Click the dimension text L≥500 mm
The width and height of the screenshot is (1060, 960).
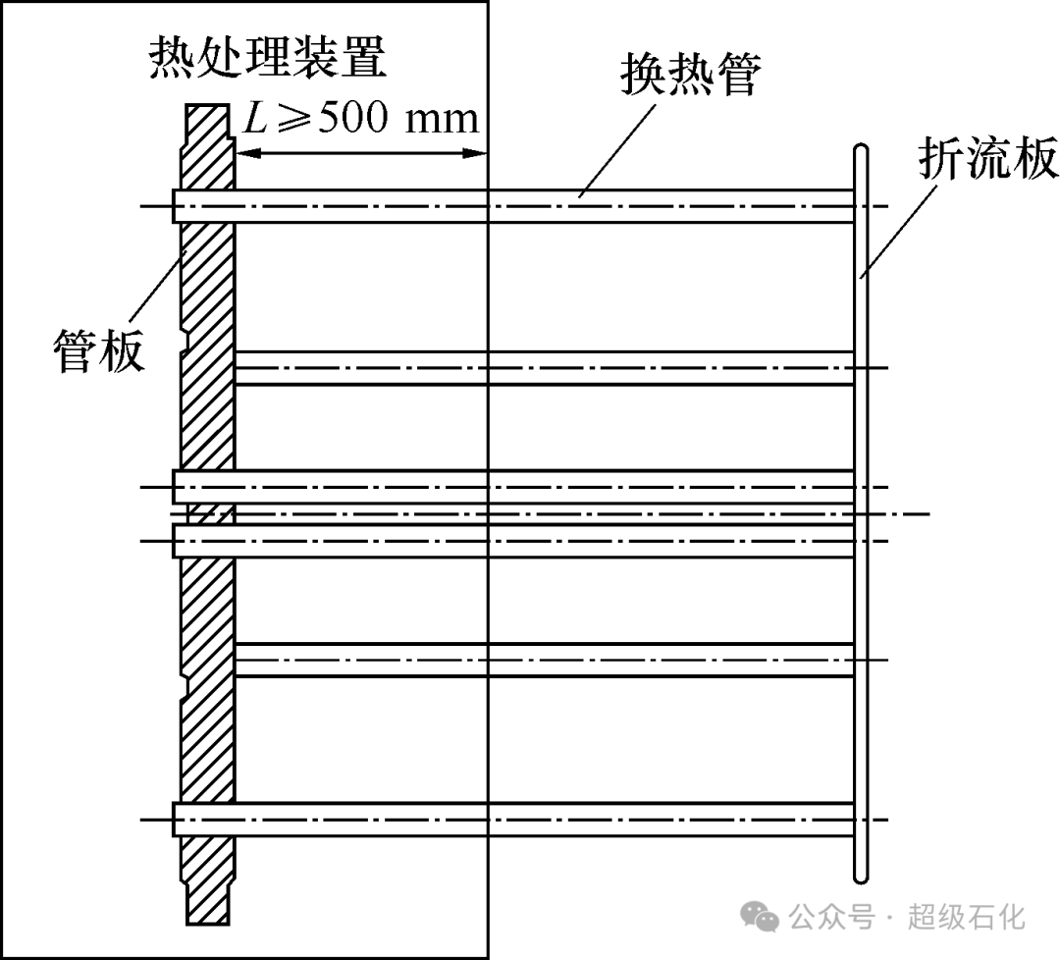[360, 119]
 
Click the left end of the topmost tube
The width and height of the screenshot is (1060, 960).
[176, 206]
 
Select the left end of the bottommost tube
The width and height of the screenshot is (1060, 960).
[176, 820]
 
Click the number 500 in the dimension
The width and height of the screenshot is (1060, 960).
[339, 119]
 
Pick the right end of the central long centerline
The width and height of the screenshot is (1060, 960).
[927, 513]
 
